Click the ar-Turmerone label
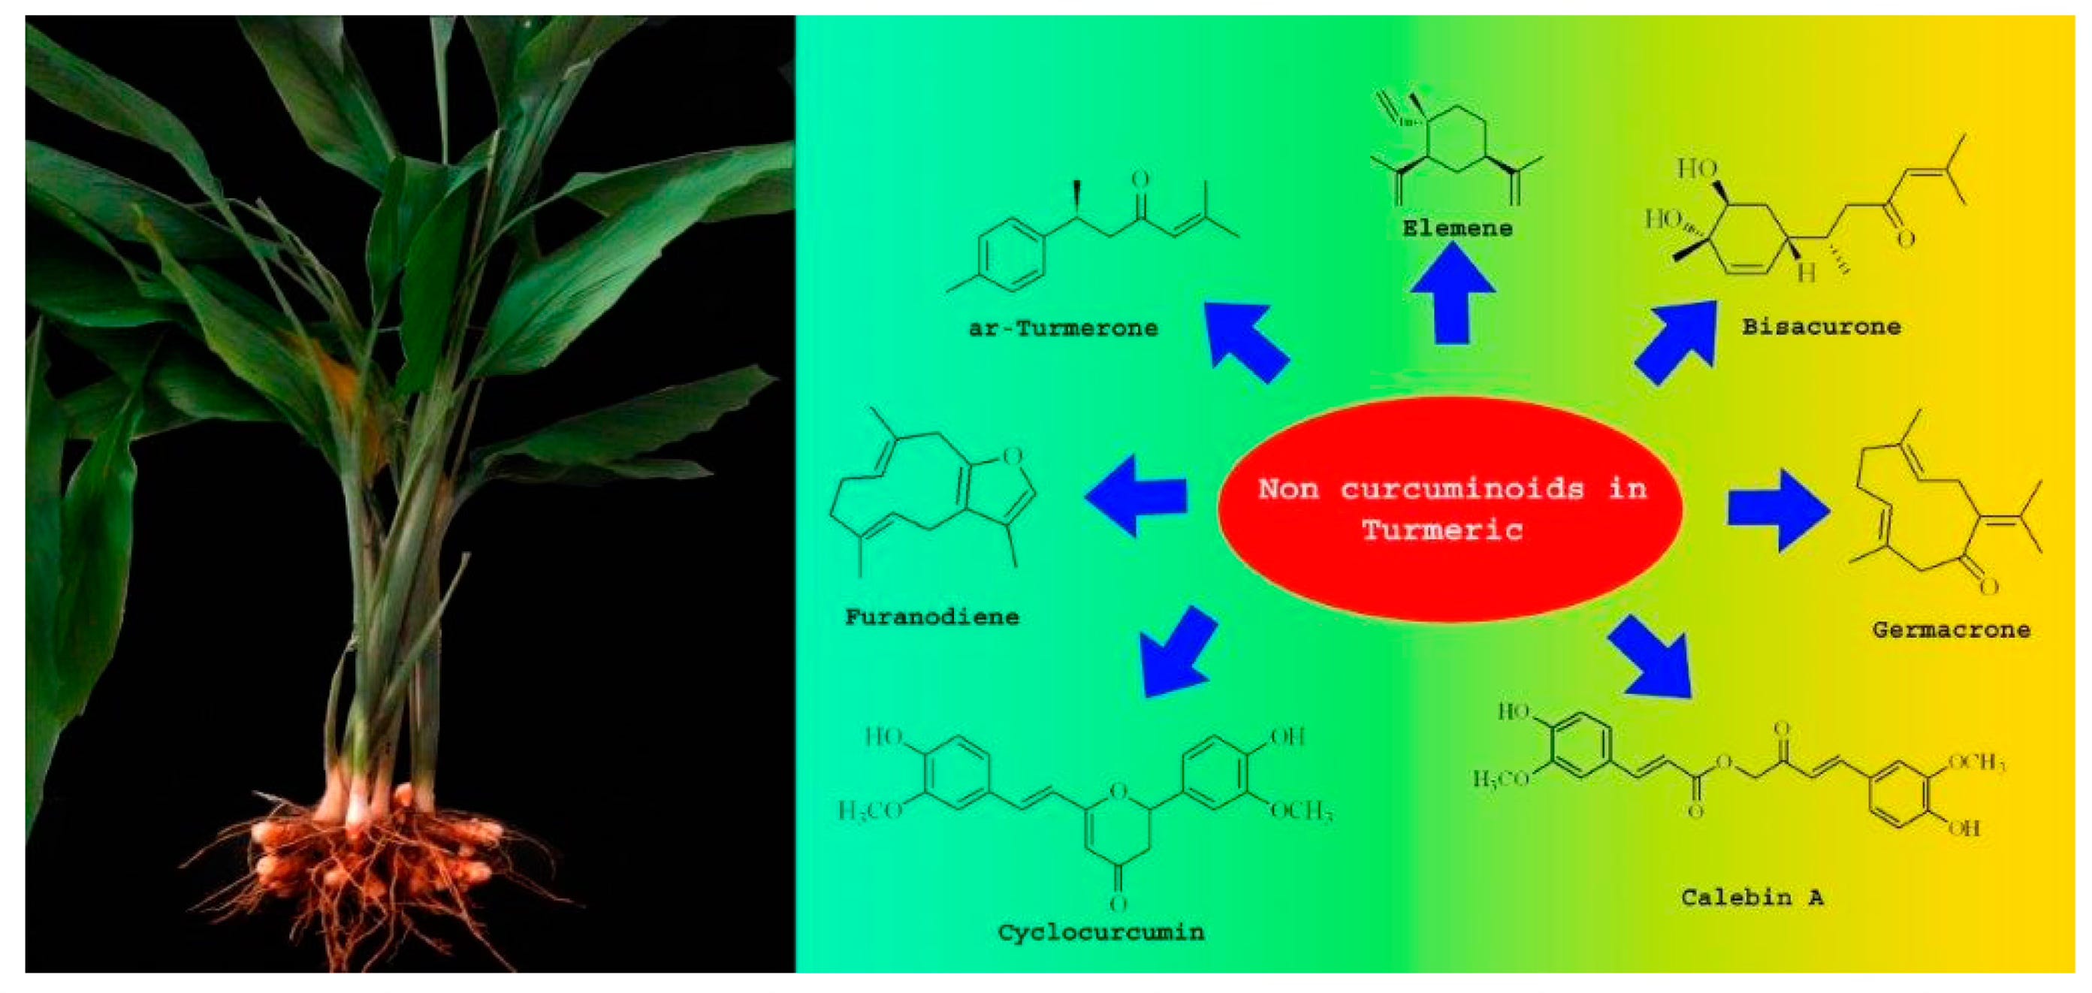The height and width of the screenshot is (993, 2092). [1063, 329]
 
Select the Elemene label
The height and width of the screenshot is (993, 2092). [1457, 228]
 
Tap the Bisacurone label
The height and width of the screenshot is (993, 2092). [1821, 327]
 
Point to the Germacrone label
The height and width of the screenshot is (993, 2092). [1951, 630]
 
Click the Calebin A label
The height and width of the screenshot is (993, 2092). [1752, 897]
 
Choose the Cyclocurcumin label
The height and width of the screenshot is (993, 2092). [1100, 932]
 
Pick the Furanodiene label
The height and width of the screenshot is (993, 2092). [931, 617]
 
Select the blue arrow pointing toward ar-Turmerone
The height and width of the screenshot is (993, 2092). [1242, 339]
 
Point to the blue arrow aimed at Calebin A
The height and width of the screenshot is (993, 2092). [1653, 658]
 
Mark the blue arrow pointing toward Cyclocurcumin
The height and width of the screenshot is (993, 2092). [1176, 653]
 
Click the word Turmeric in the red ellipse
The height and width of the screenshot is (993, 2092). [1441, 531]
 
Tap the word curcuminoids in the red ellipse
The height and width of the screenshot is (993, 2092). [1462, 489]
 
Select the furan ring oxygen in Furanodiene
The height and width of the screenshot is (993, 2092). [1012, 456]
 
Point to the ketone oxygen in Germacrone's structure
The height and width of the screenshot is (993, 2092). [1988, 586]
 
